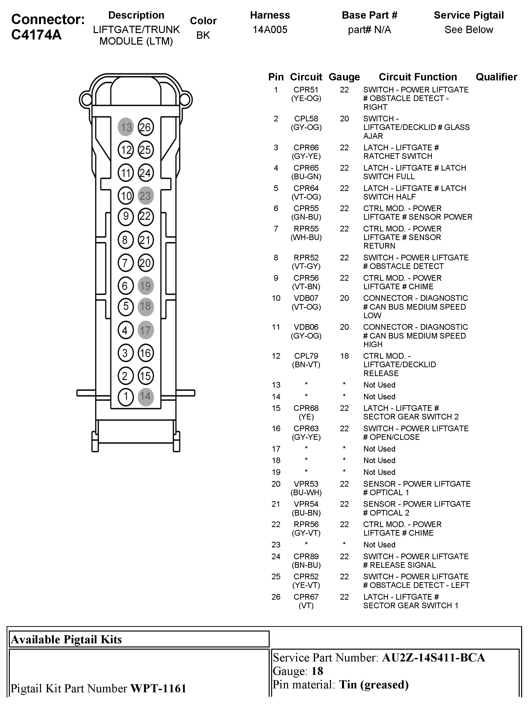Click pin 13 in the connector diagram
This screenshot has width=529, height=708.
pyautogui.click(x=126, y=127)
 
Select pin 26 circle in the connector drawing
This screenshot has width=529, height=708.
pyautogui.click(x=146, y=127)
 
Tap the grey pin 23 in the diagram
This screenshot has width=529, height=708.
pyautogui.click(x=146, y=195)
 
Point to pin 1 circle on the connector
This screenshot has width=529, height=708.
pyautogui.click(x=126, y=397)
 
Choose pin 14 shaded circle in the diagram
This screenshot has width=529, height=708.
pyautogui.click(x=146, y=397)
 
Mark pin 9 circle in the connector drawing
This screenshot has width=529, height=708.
pyautogui.click(x=126, y=216)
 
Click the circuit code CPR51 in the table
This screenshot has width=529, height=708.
pyautogui.click(x=306, y=90)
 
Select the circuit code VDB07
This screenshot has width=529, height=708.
pyautogui.click(x=306, y=298)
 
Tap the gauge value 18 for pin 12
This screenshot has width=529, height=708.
pyautogui.click(x=344, y=356)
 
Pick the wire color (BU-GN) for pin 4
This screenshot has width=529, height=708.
pyautogui.click(x=306, y=177)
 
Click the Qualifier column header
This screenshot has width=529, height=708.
pyautogui.click(x=496, y=77)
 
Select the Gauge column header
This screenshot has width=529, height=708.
pyautogui.click(x=344, y=77)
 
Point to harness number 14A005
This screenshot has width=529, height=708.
pyautogui.click(x=270, y=30)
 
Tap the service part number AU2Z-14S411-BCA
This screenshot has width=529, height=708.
pyautogui.click(x=434, y=658)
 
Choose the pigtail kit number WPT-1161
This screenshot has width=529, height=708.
pyautogui.click(x=158, y=688)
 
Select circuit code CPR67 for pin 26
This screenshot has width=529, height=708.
pyautogui.click(x=306, y=597)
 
